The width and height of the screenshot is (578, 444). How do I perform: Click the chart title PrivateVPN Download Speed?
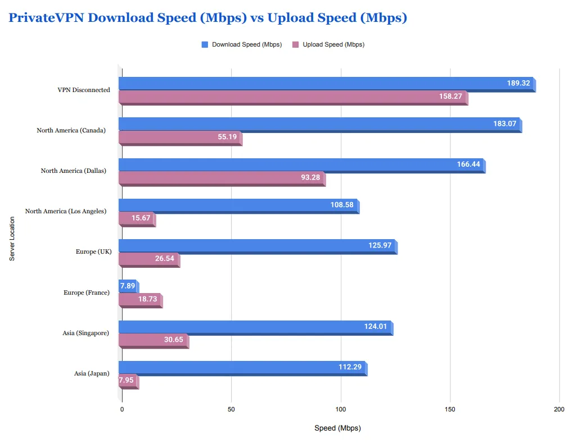pyautogui.click(x=207, y=18)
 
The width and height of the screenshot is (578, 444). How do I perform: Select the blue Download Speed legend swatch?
pyautogui.click(x=205, y=45)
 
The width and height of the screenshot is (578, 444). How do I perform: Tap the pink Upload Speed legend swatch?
pyautogui.click(x=296, y=45)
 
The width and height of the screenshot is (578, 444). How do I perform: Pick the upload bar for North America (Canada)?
pyautogui.click(x=180, y=137)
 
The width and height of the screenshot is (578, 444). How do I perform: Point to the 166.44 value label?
pyautogui.click(x=469, y=164)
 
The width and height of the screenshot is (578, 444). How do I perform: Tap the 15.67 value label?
pyautogui.click(x=141, y=218)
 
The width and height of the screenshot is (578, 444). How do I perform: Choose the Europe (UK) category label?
pyautogui.click(x=93, y=251)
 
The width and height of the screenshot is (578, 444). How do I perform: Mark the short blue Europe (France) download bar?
pyautogui.click(x=128, y=286)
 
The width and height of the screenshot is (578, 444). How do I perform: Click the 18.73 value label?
pyautogui.click(x=147, y=299)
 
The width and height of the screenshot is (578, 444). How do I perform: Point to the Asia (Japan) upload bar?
pyautogui.click(x=128, y=381)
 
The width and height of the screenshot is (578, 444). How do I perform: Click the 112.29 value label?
pyautogui.click(x=350, y=367)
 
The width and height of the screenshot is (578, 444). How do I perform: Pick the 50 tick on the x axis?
pyautogui.click(x=232, y=410)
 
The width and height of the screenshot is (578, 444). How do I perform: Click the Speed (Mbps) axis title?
pyautogui.click(x=337, y=428)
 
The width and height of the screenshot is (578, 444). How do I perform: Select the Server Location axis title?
pyautogui.click(x=12, y=239)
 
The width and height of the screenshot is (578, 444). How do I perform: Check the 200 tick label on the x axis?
pyautogui.click(x=559, y=410)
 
